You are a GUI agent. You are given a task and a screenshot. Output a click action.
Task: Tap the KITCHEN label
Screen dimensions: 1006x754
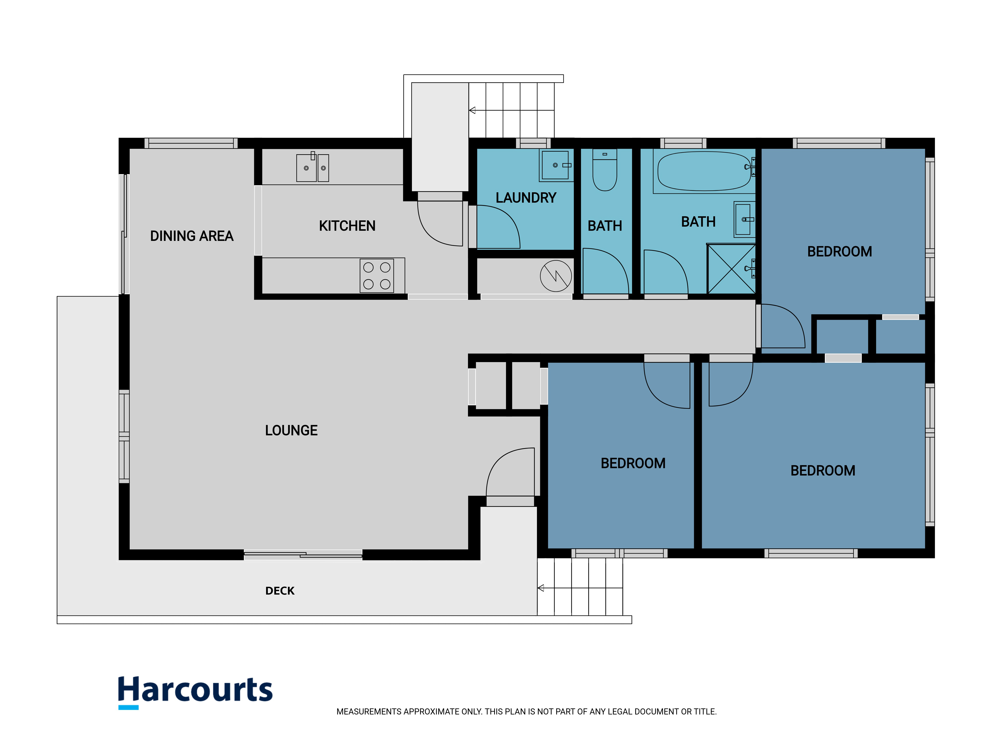pos(347,226)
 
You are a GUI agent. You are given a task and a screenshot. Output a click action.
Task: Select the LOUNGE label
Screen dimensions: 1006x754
pos(291,430)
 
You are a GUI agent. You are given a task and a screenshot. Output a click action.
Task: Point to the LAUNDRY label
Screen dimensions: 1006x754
pos(526,198)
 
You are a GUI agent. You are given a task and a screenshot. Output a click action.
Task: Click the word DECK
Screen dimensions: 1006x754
pos(280,591)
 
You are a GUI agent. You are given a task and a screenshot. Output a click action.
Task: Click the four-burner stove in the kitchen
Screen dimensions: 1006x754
pos(377,275)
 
